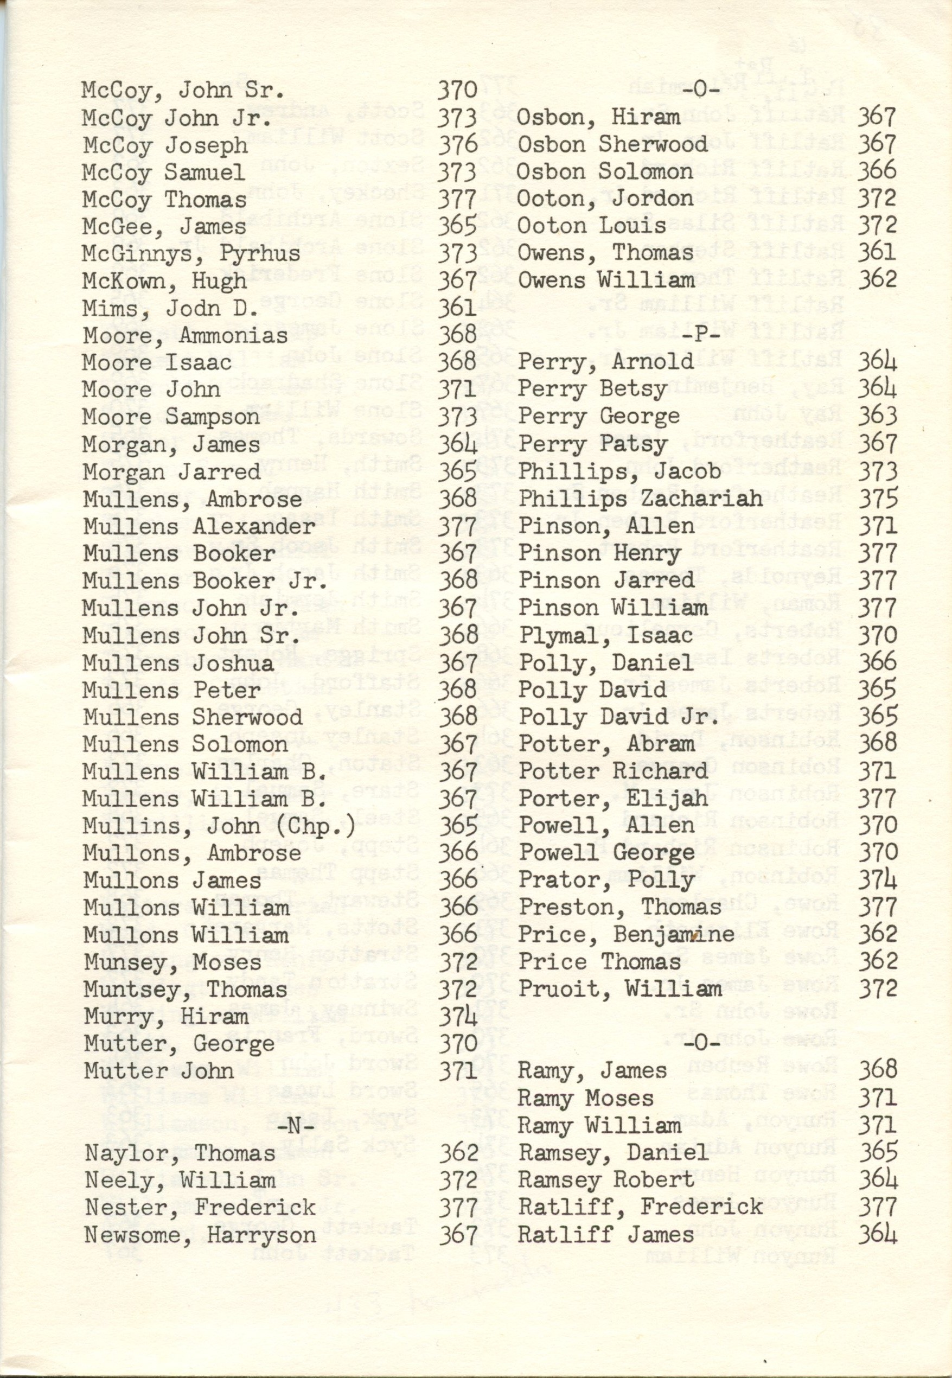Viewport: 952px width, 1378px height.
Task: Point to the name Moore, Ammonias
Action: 185,336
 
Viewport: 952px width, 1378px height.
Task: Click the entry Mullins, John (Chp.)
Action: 219,826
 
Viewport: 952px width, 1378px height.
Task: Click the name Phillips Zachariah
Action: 640,498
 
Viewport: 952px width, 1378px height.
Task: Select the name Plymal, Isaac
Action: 605,635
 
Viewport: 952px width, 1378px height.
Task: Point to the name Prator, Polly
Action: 605,881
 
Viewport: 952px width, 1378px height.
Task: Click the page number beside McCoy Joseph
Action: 457,144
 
